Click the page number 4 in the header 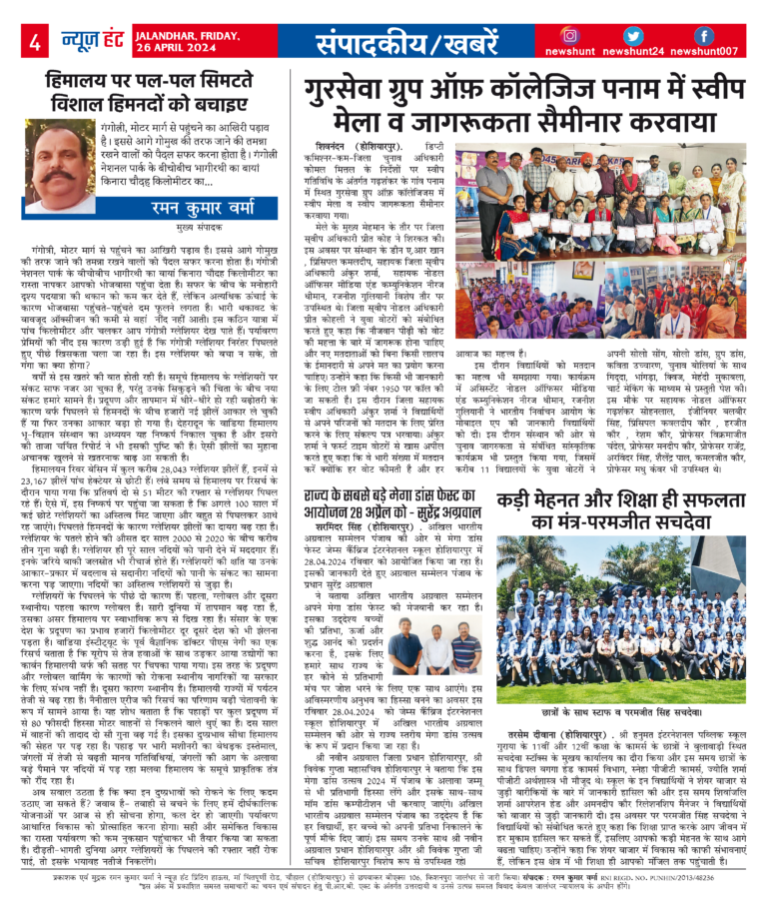point(34,41)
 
